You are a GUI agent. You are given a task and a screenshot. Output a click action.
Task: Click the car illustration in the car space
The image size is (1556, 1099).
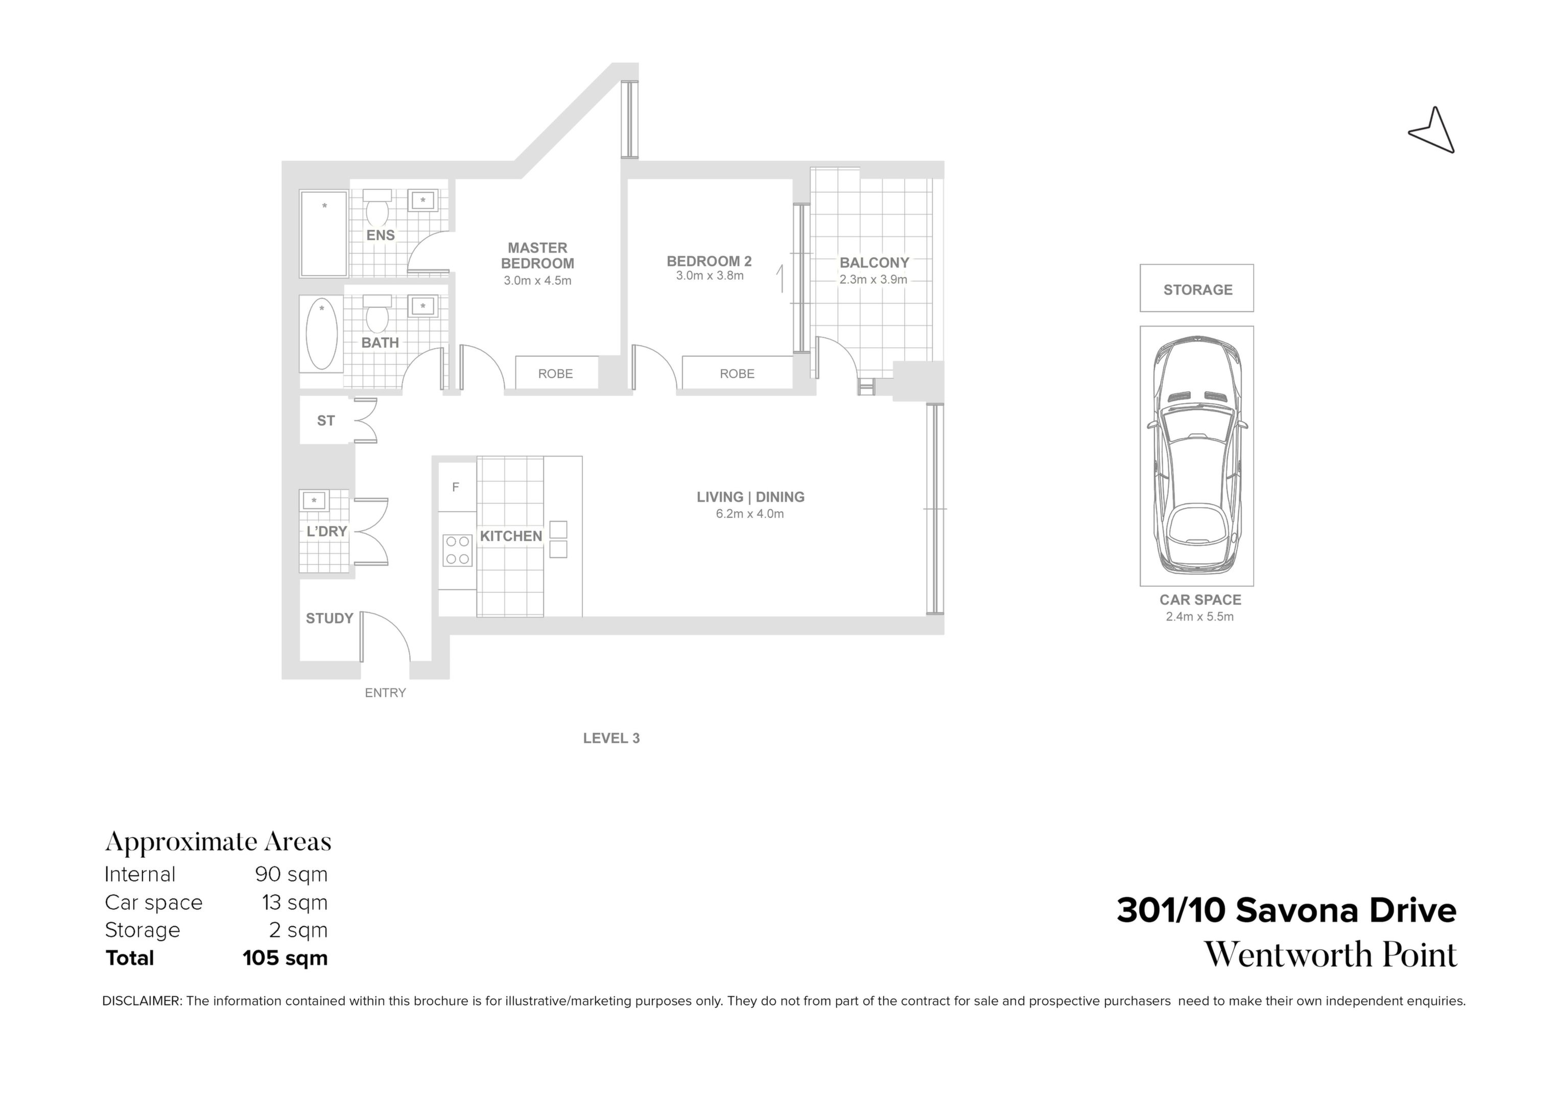(1197, 455)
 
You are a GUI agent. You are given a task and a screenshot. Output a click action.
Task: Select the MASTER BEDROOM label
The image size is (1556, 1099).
(537, 256)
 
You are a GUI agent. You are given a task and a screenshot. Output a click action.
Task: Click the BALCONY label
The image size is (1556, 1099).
(874, 262)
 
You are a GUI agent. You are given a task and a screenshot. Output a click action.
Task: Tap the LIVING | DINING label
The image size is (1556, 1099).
(750, 497)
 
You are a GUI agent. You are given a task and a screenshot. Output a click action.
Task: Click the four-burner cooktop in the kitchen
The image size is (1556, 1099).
(457, 550)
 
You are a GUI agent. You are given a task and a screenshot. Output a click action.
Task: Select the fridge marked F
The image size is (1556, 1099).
(457, 487)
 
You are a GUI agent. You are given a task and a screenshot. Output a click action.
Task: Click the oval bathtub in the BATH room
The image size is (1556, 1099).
(322, 334)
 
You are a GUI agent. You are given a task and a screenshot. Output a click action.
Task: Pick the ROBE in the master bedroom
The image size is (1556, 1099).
(556, 373)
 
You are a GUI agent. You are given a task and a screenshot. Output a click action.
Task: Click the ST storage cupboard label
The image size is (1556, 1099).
(326, 420)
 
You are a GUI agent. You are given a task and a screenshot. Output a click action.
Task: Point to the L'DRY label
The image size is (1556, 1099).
(326, 532)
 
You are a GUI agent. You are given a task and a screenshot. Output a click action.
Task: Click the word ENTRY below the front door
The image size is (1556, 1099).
(385, 693)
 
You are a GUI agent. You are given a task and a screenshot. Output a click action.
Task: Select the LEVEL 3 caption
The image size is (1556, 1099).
(611, 738)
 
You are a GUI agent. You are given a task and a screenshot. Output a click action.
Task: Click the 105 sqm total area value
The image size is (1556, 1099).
(286, 958)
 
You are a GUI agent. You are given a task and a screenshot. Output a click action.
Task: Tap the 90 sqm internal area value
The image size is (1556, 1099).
(291, 875)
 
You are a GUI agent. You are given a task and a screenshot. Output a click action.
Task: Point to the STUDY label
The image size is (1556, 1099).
(329, 619)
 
